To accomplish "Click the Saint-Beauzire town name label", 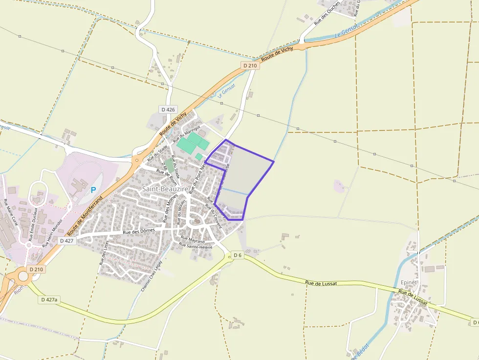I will click(163, 188).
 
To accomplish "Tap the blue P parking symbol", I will click(93, 189).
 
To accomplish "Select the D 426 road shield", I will click(168, 109).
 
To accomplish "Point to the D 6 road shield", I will click(238, 255).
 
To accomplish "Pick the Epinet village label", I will click(409, 282).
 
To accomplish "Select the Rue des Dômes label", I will click(139, 232).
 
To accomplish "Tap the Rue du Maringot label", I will click(186, 133).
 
